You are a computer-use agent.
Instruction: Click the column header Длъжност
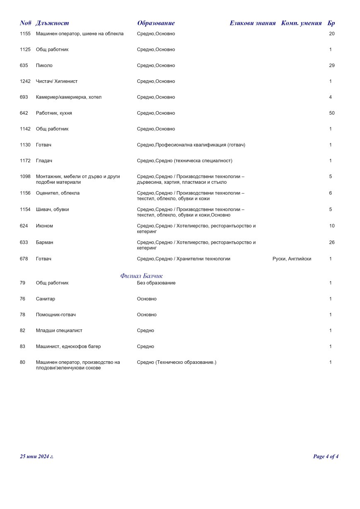click(x=52, y=23)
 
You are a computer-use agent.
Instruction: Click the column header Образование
click(x=156, y=23)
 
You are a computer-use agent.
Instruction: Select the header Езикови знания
click(x=252, y=23)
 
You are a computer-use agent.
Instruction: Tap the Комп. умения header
click(x=301, y=23)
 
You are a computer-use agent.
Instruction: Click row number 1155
click(x=25, y=34)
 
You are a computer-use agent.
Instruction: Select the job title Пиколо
click(x=44, y=65)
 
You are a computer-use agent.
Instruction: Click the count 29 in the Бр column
click(x=331, y=65)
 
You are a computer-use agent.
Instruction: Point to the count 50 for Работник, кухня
click(x=331, y=113)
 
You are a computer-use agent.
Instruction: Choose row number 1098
click(x=25, y=176)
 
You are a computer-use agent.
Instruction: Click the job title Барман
click(x=45, y=242)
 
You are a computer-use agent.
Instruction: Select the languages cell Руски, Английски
click(x=292, y=259)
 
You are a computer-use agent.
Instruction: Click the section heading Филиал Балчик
click(x=142, y=276)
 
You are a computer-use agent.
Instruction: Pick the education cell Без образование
click(x=156, y=283)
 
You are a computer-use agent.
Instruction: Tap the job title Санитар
click(x=46, y=299)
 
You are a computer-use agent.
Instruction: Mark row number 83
click(x=22, y=346)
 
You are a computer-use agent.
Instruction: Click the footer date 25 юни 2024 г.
click(x=37, y=456)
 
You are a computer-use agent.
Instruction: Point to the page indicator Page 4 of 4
click(x=326, y=456)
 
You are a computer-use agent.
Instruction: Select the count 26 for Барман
click(x=331, y=242)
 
